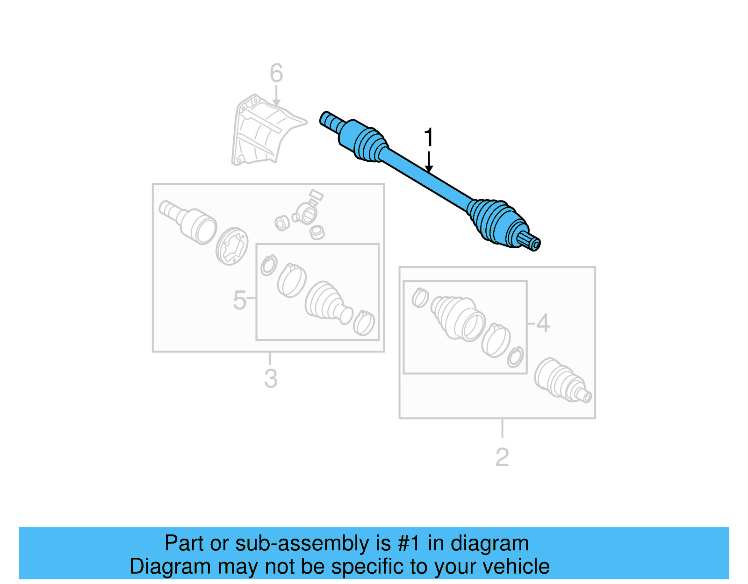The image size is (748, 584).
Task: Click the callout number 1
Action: pyautogui.click(x=428, y=138)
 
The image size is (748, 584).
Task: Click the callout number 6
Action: pyautogui.click(x=276, y=73)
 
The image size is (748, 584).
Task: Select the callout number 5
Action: pyautogui.click(x=239, y=300)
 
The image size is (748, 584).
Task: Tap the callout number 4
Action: pyautogui.click(x=543, y=323)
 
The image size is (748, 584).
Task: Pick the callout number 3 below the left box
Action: pyautogui.click(x=271, y=379)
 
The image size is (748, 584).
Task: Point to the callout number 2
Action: pyautogui.click(x=502, y=457)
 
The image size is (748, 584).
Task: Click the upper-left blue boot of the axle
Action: pyautogui.click(x=369, y=144)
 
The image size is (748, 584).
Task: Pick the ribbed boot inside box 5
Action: pyautogui.click(x=324, y=302)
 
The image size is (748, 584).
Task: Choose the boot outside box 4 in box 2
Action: pyautogui.click(x=559, y=380)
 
